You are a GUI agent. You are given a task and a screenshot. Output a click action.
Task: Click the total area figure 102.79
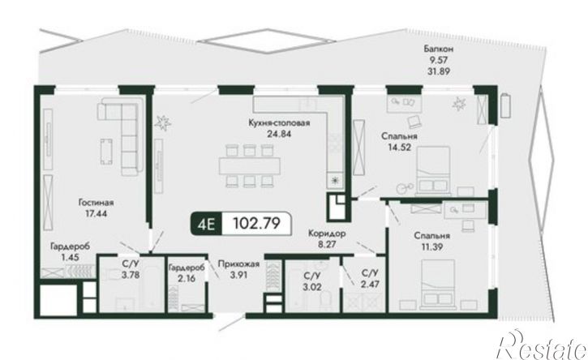pos(256,224)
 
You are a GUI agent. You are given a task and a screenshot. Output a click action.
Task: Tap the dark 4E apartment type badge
pos(207,224)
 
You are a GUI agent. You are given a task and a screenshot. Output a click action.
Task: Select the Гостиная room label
pos(96,203)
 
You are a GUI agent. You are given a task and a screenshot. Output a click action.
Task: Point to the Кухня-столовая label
pos(279,123)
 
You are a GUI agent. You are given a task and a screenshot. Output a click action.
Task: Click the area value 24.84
pos(279,134)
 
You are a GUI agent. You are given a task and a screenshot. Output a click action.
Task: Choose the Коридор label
pos(327,234)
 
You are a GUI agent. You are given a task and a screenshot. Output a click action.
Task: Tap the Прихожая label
pos(238,264)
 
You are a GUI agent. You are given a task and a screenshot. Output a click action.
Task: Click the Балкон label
pos(439,49)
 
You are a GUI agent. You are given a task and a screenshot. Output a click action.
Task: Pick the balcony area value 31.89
pos(439,71)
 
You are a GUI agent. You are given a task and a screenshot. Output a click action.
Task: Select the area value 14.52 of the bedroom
pos(399,147)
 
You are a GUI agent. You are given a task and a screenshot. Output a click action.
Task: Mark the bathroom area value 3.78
pos(131,275)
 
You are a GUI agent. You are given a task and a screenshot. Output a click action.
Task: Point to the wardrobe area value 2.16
pos(187,279)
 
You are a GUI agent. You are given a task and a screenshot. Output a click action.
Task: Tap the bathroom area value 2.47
pos(370,283)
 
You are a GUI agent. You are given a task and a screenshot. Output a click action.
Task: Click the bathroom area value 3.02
pos(312,287)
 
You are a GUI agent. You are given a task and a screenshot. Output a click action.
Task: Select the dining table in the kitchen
pos(250,165)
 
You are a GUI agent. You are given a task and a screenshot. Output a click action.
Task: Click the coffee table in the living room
pos(106,151)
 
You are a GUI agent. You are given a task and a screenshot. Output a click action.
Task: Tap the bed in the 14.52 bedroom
pos(433,170)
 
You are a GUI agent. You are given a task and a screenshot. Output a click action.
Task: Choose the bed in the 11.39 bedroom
pos(438,285)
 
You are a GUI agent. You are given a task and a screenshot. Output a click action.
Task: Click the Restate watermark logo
pos(541,345)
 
